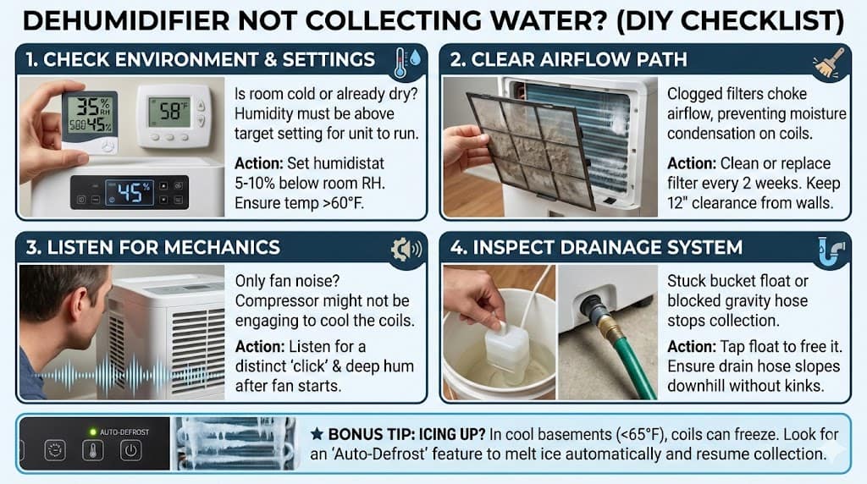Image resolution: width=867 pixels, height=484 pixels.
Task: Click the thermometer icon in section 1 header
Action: [x=400, y=63]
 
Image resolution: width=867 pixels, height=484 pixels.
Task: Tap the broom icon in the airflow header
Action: [x=829, y=63]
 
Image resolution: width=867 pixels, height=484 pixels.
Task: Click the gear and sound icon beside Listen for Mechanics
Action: [x=406, y=250]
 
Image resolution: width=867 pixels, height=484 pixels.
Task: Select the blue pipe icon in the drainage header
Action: [x=831, y=251]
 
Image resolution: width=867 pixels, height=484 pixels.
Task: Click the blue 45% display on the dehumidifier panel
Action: [x=130, y=192]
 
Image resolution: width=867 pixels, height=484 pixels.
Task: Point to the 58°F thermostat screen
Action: [x=169, y=113]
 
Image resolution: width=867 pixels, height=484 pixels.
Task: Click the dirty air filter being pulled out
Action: [x=530, y=148]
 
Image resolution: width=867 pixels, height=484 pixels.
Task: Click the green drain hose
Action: [x=635, y=366]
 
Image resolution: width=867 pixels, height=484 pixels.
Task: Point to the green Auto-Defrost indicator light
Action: [x=93, y=432]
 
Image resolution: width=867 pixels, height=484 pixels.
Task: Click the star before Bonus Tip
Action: [x=317, y=434]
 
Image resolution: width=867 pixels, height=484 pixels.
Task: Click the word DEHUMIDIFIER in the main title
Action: [x=125, y=21]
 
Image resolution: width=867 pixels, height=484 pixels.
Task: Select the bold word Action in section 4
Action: [x=691, y=346]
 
